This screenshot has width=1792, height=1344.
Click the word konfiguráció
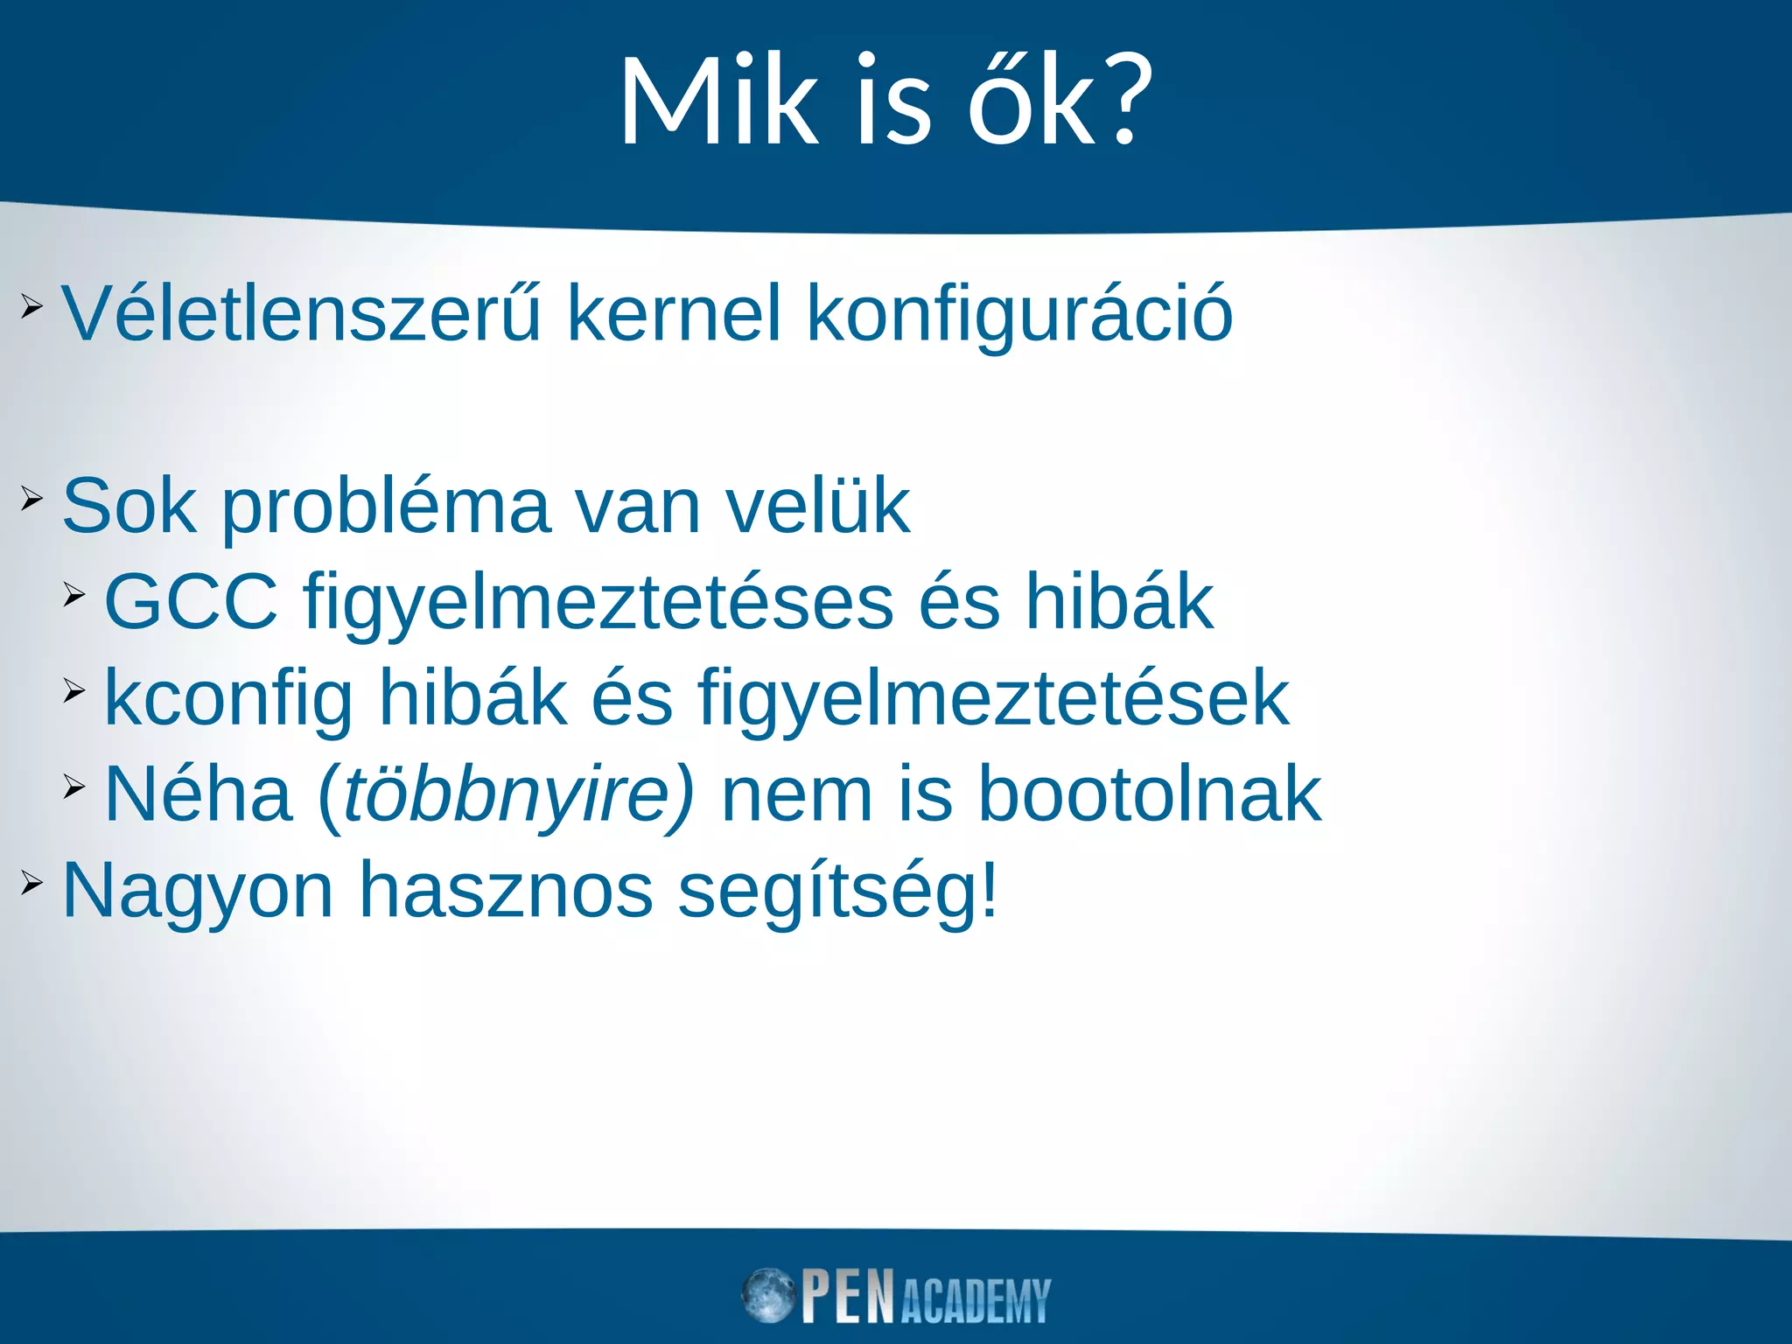pyautogui.click(x=1019, y=315)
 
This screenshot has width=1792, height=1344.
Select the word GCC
pyautogui.click(x=191, y=602)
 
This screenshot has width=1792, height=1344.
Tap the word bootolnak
pyautogui.click(x=1149, y=794)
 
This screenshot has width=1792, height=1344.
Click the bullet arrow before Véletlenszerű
pyautogui.click(x=31, y=306)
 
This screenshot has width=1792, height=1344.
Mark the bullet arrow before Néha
pyautogui.click(x=74, y=787)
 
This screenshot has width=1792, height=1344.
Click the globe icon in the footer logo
pyautogui.click(x=767, y=1295)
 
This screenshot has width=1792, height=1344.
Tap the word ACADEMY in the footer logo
pyautogui.click(x=975, y=1301)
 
